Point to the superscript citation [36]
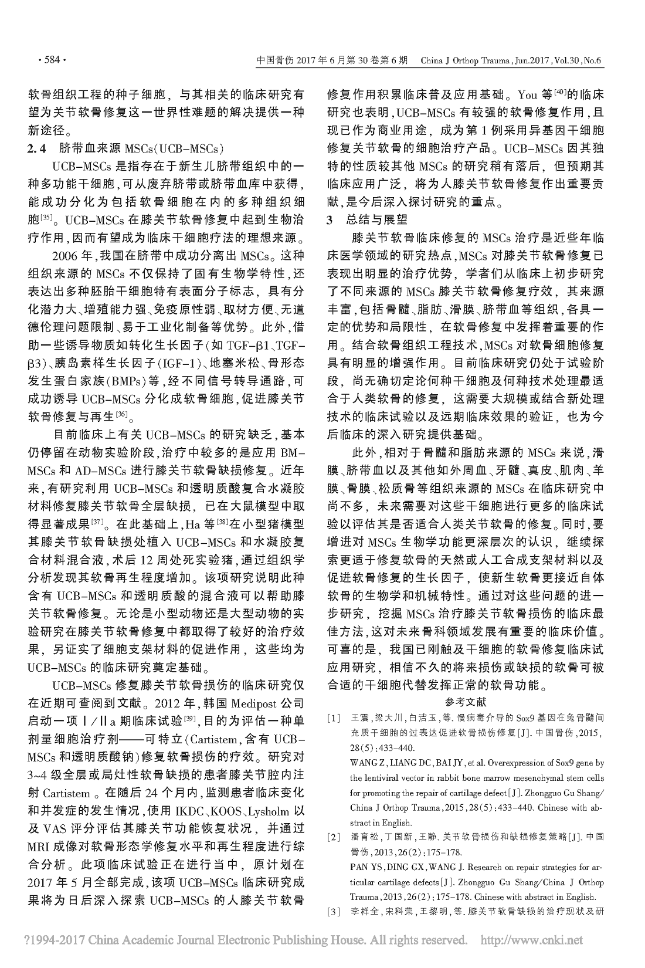point(122,416)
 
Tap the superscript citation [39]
point(189,718)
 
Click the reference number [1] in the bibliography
point(334,717)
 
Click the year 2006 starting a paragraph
point(66,257)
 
